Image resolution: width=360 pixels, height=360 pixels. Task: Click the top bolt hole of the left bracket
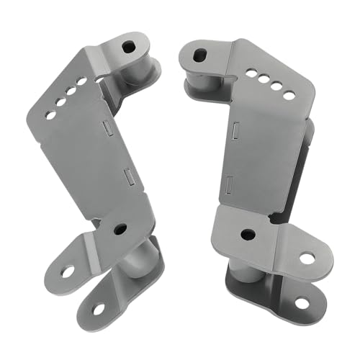click(128, 48)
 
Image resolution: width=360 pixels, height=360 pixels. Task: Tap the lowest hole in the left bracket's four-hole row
click(50, 114)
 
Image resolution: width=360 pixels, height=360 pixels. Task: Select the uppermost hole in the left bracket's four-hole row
click(83, 81)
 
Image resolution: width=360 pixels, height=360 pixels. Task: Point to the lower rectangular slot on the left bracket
click(127, 175)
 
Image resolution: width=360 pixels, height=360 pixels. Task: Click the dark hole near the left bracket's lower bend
click(120, 229)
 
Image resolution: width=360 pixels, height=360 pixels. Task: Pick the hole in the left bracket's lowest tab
click(98, 308)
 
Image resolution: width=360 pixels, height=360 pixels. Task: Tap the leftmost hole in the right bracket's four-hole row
click(250, 73)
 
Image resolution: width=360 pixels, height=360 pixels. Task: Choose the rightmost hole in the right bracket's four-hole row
click(288, 95)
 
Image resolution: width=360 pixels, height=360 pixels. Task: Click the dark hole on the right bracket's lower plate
click(247, 234)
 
